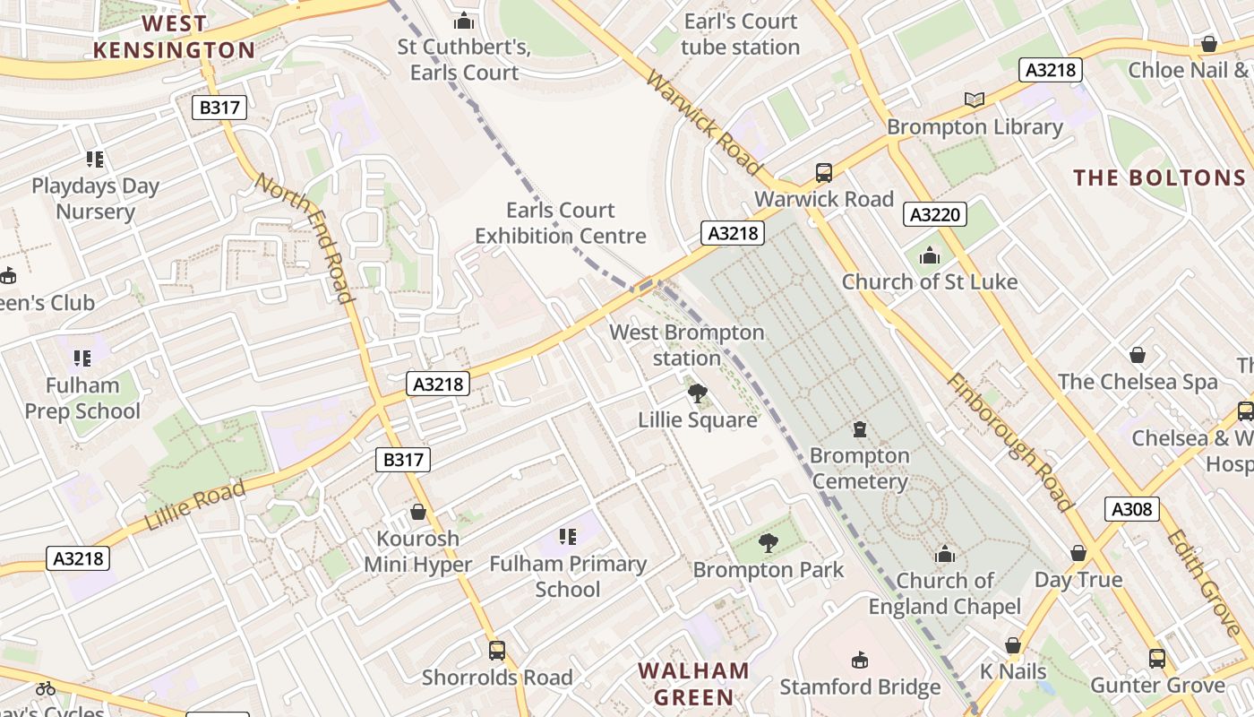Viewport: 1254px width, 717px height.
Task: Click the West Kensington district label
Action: click(x=175, y=37)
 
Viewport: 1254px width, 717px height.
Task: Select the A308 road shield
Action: click(x=1131, y=509)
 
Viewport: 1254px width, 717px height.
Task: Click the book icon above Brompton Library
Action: click(x=974, y=99)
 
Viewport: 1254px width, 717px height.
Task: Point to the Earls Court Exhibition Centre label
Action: click(x=561, y=223)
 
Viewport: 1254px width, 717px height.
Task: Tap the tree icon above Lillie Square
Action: click(x=697, y=393)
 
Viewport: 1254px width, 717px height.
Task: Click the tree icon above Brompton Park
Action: click(x=768, y=542)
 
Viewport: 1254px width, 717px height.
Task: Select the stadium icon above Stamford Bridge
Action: click(x=860, y=660)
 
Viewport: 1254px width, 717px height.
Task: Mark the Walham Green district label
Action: click(x=693, y=683)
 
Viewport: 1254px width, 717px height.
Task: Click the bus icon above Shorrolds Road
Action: click(x=496, y=651)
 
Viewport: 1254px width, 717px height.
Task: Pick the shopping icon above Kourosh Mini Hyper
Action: click(x=417, y=512)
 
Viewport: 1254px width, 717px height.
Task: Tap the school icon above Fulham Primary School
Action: click(x=567, y=537)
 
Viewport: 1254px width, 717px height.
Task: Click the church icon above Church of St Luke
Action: click(x=929, y=255)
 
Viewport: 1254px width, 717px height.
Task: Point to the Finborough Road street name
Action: click(x=1009, y=442)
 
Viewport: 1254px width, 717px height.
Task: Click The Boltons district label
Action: click(x=1159, y=177)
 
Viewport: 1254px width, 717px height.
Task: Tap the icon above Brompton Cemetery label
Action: click(x=860, y=428)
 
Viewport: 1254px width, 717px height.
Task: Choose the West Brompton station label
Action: click(x=687, y=345)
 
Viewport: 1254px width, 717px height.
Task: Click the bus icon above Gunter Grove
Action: click(x=1156, y=659)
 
